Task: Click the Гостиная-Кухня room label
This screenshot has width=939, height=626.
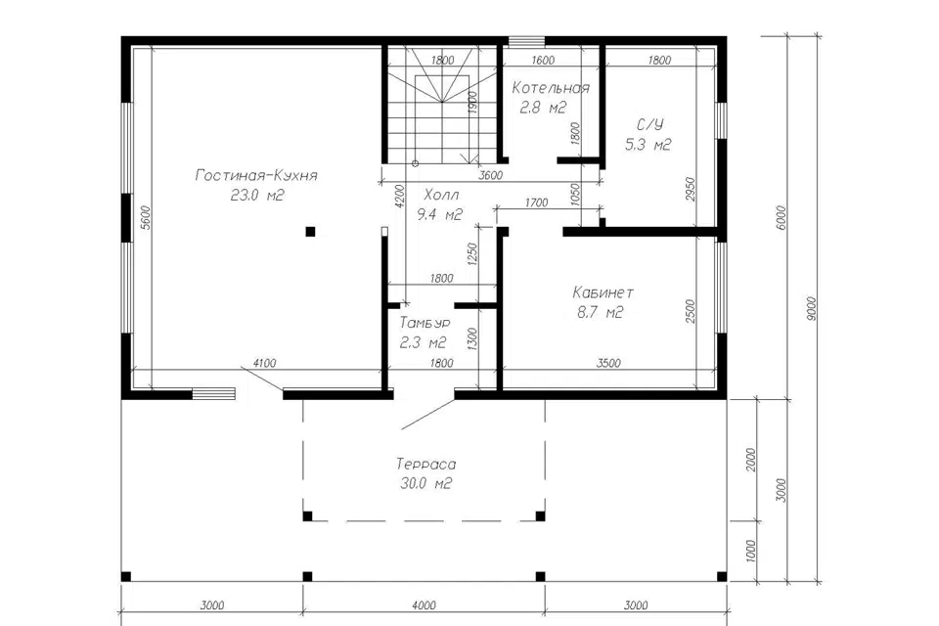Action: (x=256, y=175)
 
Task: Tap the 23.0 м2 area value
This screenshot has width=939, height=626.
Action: (x=257, y=196)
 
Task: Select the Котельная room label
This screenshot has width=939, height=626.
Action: (x=551, y=89)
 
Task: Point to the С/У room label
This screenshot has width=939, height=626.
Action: (x=649, y=124)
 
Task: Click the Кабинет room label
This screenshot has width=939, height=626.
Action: (x=604, y=292)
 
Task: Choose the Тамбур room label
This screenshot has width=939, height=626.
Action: (x=425, y=324)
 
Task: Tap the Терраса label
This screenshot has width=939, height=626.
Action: (x=425, y=465)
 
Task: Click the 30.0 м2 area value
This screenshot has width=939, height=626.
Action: (x=425, y=483)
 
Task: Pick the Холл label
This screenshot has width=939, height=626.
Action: (x=442, y=195)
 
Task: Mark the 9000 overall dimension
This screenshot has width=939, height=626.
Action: (x=811, y=309)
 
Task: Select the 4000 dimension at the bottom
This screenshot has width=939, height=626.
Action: (x=424, y=605)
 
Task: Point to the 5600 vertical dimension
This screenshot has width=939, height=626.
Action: (x=146, y=218)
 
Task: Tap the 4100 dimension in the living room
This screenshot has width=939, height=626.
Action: (x=265, y=363)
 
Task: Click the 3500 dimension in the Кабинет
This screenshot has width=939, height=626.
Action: (x=608, y=363)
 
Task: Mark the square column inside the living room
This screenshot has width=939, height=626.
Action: (x=310, y=231)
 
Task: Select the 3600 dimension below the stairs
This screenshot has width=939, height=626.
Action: (x=491, y=175)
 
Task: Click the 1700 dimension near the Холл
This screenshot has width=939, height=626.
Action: (x=537, y=202)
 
